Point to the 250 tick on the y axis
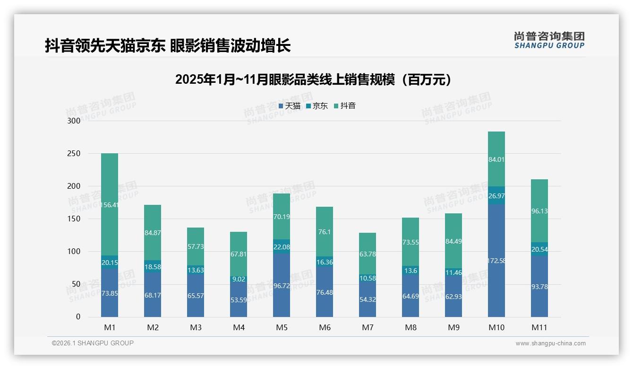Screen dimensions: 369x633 [74, 154]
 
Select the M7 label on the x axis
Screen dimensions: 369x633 [368, 327]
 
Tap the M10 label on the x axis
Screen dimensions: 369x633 [496, 327]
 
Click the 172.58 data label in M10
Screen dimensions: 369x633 [496, 261]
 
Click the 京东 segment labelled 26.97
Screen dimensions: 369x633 [496, 195]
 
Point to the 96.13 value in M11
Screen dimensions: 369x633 [539, 211]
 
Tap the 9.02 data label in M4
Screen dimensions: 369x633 [239, 279]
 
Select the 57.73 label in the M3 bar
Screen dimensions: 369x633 [196, 247]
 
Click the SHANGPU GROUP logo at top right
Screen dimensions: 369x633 [549, 40]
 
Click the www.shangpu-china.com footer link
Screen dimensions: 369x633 [550, 343]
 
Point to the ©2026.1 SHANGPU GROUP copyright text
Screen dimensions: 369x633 [93, 343]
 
